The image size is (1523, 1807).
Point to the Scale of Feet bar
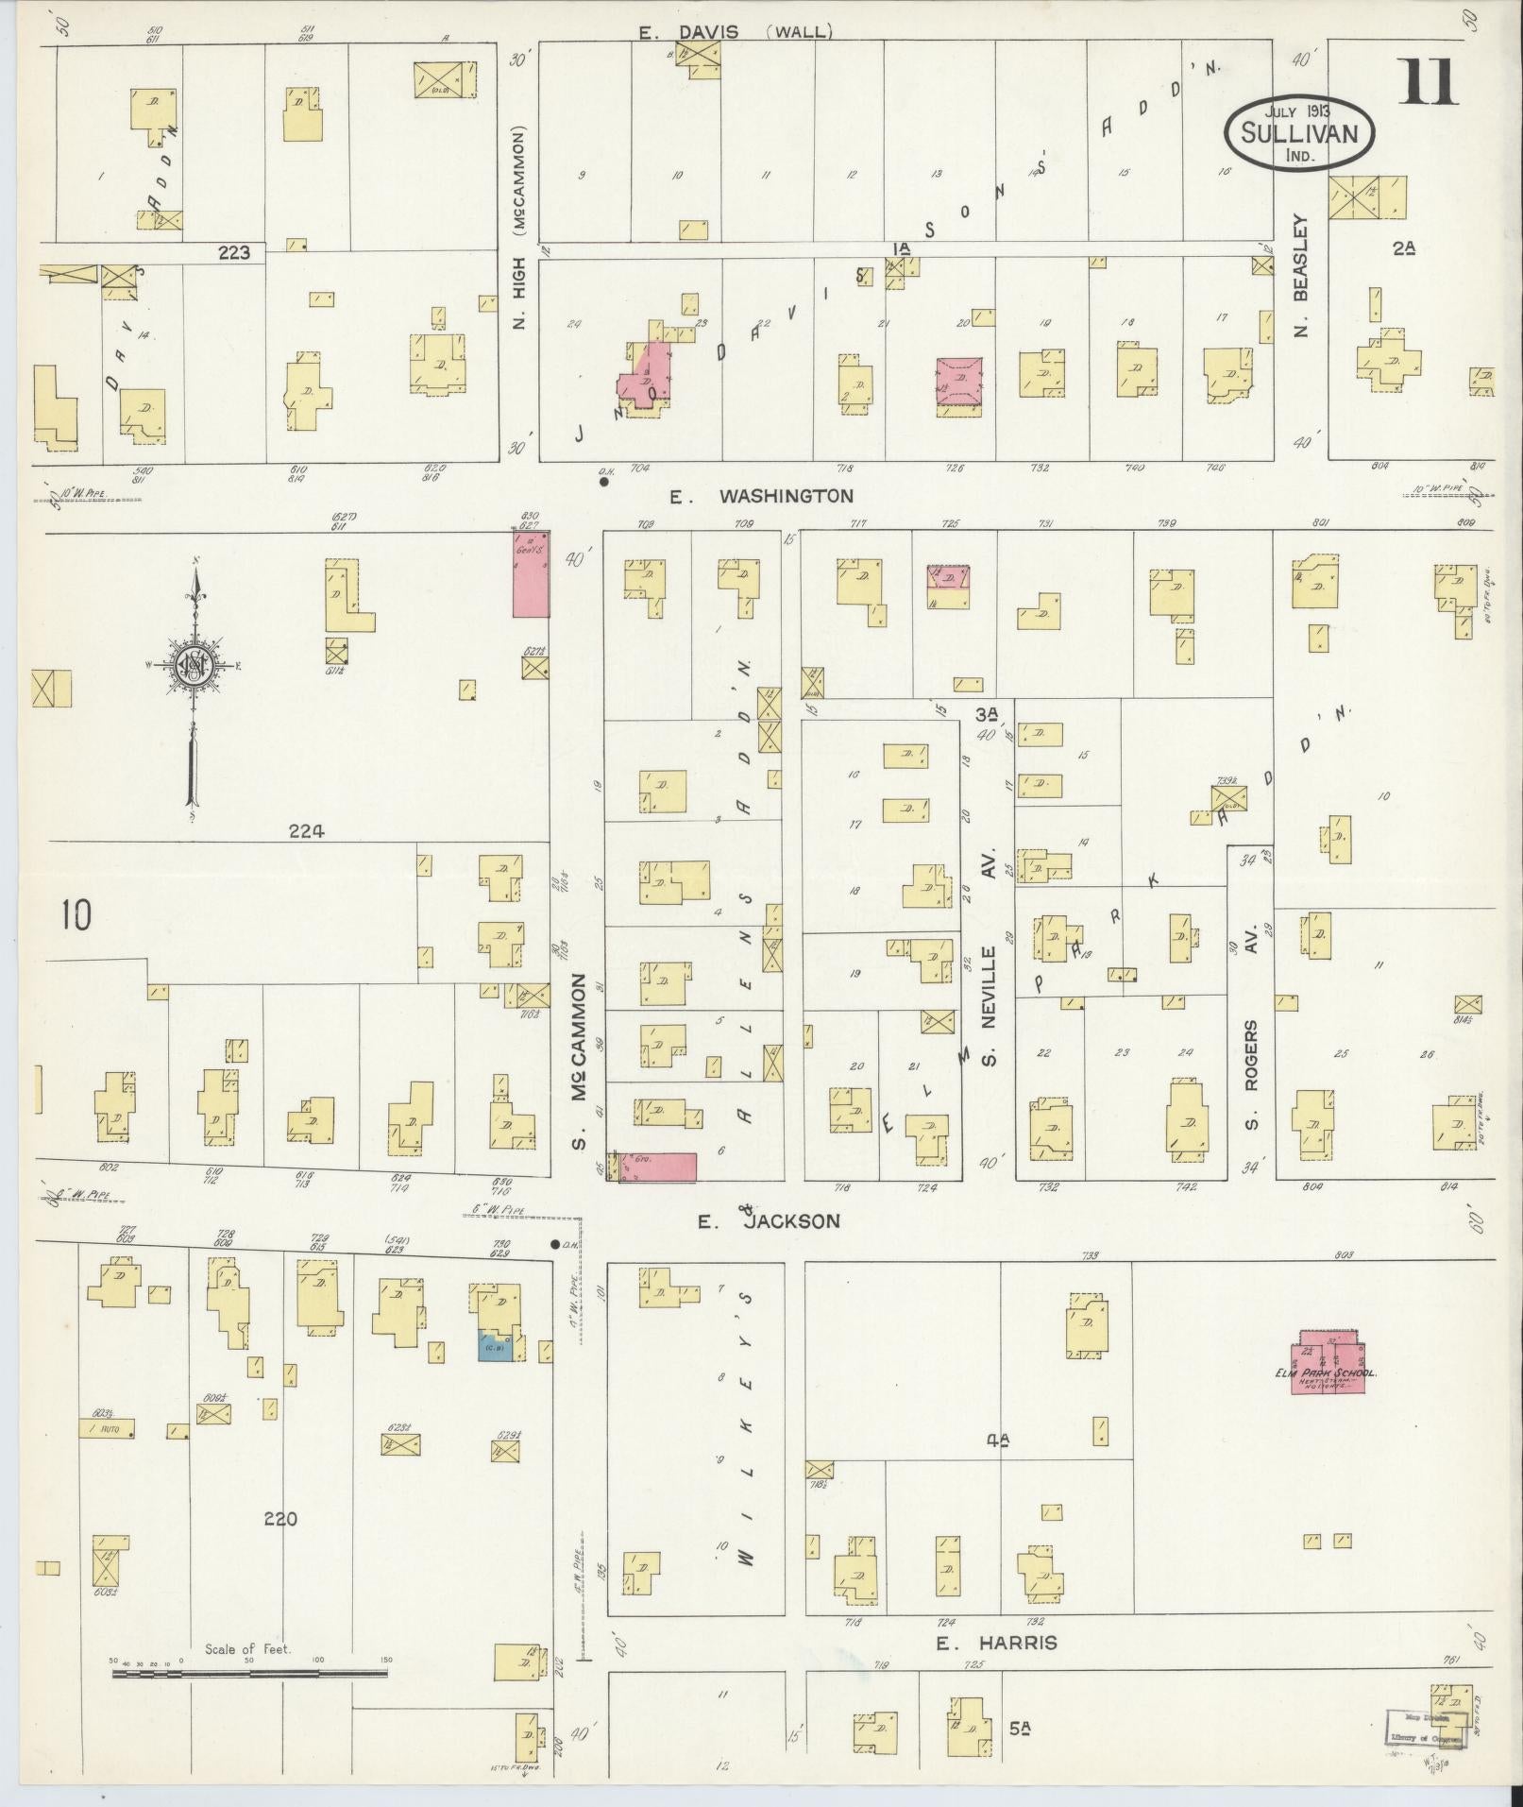pos(249,1673)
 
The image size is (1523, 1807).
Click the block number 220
pos(280,1519)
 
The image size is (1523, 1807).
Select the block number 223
pos(233,252)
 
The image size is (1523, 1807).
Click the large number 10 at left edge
pos(76,915)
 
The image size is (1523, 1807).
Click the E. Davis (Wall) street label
pos(735,32)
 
